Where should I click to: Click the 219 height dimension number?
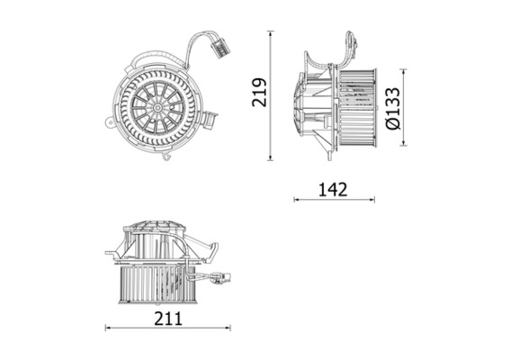coord(259,93)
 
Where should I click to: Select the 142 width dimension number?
coord(333,189)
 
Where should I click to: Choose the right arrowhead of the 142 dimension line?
coord(372,199)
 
